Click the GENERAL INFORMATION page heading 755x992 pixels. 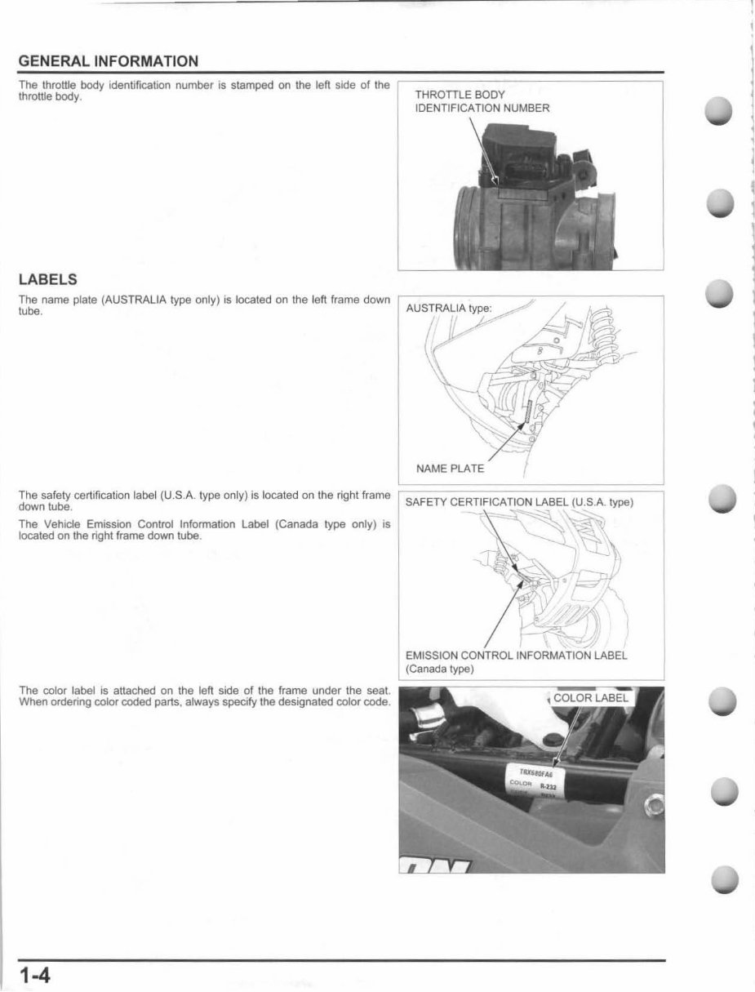tap(108, 61)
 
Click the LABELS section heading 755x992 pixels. tap(47, 280)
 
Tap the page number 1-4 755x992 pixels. tap(35, 975)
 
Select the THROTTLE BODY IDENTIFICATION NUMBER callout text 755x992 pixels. tap(482, 101)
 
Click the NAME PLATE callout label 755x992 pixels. tap(450, 469)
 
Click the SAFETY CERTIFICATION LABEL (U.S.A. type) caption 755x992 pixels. tap(519, 502)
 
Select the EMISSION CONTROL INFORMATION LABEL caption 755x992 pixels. tap(516, 655)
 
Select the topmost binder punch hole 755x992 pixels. tap(723, 111)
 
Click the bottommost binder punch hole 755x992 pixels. tap(723, 879)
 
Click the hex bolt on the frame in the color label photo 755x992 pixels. tap(653, 808)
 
